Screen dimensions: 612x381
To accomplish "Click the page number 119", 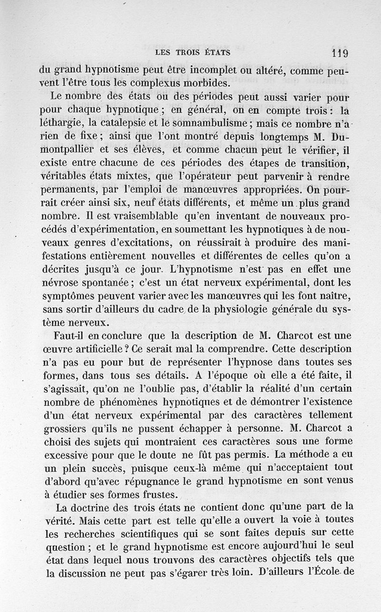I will tap(340, 53).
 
